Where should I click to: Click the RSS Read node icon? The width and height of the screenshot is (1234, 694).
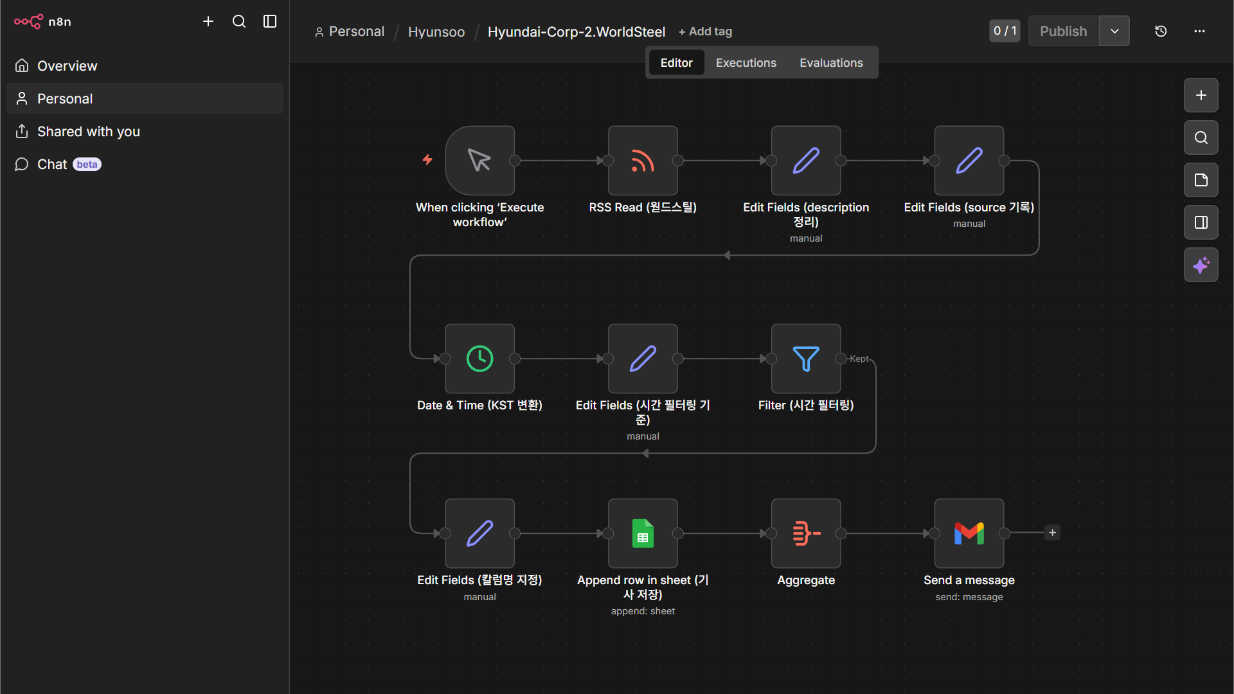pyautogui.click(x=643, y=161)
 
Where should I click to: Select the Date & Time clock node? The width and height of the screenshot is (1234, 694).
pyautogui.click(x=479, y=359)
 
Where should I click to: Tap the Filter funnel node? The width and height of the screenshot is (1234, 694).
pyautogui.click(x=806, y=359)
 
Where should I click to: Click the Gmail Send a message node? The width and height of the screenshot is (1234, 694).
pyautogui.click(x=969, y=533)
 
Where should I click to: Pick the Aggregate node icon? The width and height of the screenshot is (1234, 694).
pyautogui.click(x=806, y=533)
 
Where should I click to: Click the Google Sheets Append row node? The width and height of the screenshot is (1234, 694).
pyautogui.click(x=643, y=533)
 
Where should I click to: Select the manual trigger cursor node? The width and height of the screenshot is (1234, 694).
pyautogui.click(x=479, y=161)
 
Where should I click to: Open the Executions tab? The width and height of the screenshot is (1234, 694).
pyautogui.click(x=746, y=63)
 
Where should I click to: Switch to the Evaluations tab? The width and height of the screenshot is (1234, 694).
pyautogui.click(x=831, y=63)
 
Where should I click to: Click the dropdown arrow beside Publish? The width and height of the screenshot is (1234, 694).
pyautogui.click(x=1114, y=31)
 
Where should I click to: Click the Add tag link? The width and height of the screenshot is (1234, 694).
pyautogui.click(x=706, y=31)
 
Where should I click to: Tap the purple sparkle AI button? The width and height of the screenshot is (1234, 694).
pyautogui.click(x=1201, y=265)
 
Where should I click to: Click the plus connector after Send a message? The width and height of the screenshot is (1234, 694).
pyautogui.click(x=1052, y=533)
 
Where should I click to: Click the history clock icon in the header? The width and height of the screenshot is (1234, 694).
pyautogui.click(x=1161, y=31)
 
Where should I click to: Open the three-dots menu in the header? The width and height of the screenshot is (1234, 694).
pyautogui.click(x=1199, y=31)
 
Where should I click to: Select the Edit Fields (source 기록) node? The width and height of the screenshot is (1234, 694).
pyautogui.click(x=969, y=161)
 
